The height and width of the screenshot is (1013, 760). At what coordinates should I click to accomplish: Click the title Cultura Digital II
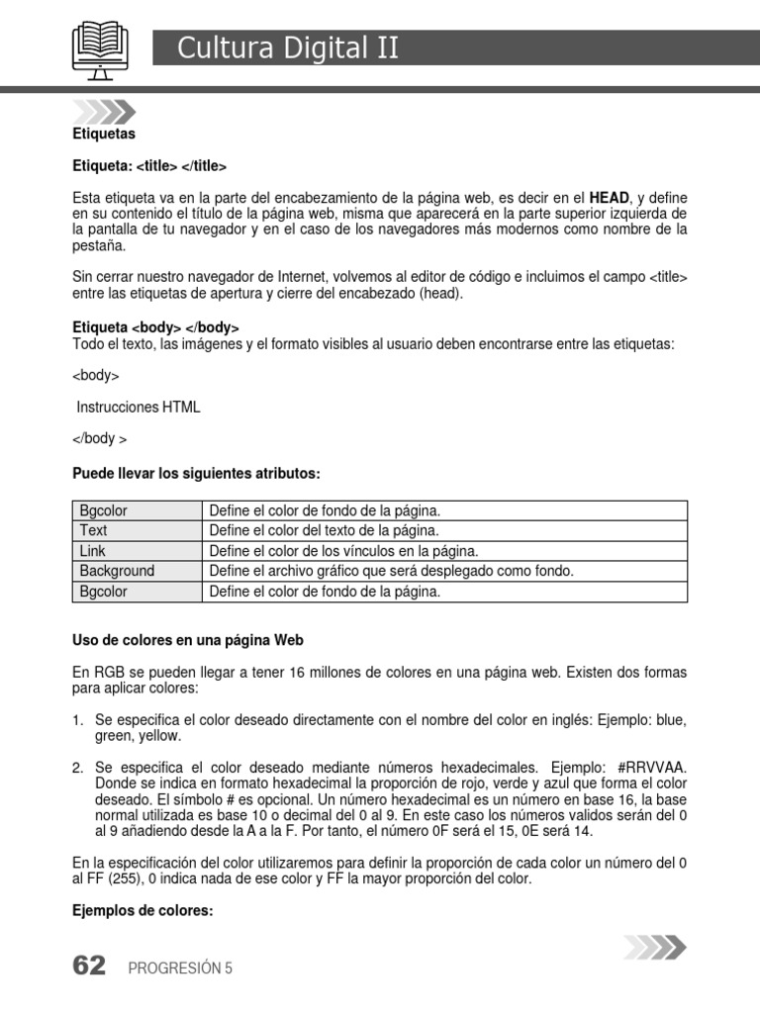point(288,47)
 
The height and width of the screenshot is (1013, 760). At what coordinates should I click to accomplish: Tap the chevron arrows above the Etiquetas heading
point(104,110)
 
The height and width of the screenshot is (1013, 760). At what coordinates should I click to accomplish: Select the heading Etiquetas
point(104,134)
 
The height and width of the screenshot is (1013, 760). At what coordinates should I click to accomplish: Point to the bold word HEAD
point(610,198)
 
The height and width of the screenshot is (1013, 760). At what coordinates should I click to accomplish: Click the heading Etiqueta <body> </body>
point(155,327)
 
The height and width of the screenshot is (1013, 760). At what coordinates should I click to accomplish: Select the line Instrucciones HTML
point(139,407)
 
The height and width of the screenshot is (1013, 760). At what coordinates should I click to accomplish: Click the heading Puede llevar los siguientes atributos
point(196,474)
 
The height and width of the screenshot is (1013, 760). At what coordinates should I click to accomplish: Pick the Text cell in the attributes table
point(94,530)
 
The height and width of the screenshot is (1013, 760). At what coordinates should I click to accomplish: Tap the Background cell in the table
point(117,571)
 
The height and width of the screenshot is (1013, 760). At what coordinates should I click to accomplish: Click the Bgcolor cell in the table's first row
point(103,510)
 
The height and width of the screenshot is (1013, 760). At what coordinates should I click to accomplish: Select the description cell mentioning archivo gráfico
point(391,571)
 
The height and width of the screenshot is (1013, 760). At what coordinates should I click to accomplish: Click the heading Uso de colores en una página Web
point(194,640)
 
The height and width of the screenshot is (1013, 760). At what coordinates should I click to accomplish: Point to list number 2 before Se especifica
point(78,767)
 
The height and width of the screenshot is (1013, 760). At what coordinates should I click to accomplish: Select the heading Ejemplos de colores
point(142,911)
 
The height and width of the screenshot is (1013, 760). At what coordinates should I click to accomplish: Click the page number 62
point(89,967)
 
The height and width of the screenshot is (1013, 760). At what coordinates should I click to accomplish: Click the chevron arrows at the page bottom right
point(654,948)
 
